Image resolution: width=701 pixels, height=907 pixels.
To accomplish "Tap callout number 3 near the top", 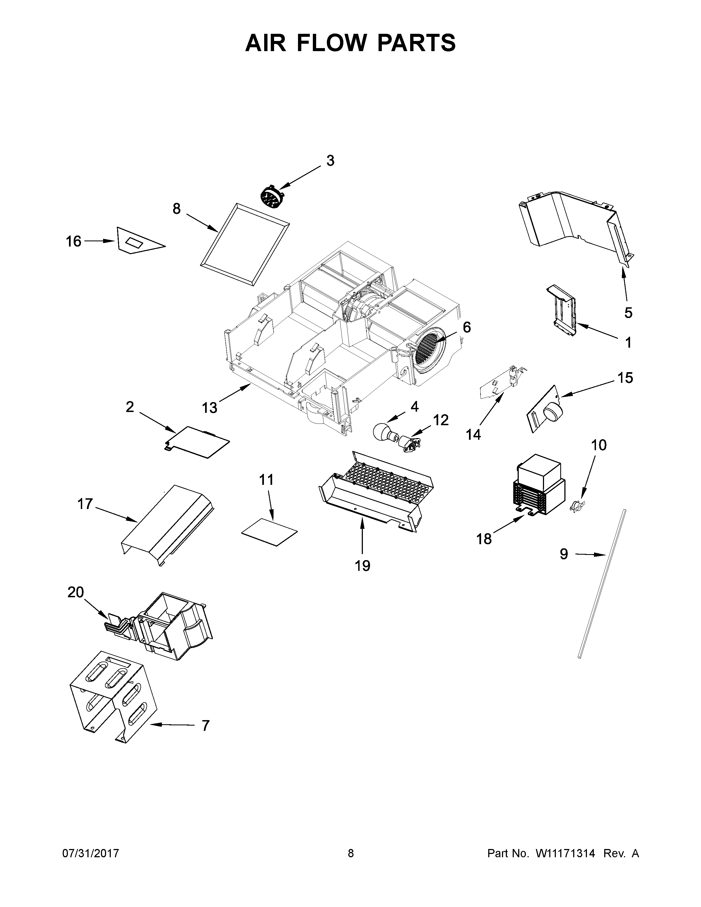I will [x=330, y=161].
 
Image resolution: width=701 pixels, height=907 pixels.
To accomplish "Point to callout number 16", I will [x=73, y=241].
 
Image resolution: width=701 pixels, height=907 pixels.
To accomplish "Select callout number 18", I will [x=484, y=539].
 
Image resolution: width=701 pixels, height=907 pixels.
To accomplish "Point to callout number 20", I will [x=76, y=592].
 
